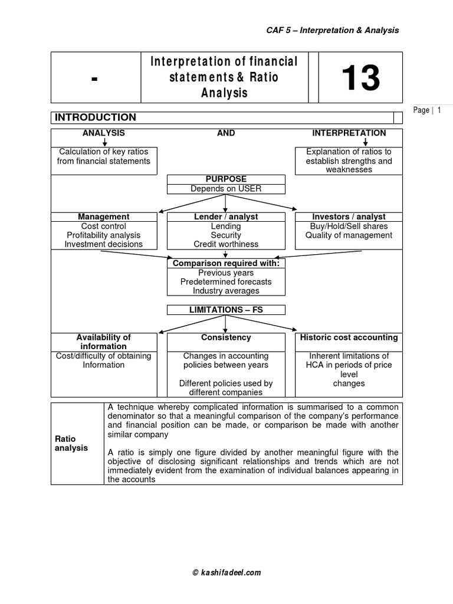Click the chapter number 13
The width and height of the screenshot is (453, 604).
coord(361,78)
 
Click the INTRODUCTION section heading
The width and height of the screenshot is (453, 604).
coord(96,117)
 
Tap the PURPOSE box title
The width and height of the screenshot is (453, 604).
coord(226,179)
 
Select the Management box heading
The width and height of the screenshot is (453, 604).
coord(104,216)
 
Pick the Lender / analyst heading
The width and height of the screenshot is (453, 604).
coord(226,216)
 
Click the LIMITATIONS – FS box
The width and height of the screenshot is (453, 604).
coord(226,310)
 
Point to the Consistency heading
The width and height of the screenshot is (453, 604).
coord(226,337)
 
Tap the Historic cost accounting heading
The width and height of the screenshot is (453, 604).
coord(349,337)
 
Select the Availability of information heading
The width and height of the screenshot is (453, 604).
coord(104,342)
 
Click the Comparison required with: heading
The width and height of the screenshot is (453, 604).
coord(226,262)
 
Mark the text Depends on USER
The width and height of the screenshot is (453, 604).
coord(226,189)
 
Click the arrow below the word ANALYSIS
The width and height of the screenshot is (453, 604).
coord(104,142)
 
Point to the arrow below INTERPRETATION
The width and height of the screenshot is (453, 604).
coord(366,142)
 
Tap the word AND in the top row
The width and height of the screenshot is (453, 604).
coord(226,133)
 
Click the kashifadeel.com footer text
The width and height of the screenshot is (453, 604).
coord(226,572)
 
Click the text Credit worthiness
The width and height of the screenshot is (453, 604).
coord(226,244)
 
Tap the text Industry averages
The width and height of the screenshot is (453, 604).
coord(226,291)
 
